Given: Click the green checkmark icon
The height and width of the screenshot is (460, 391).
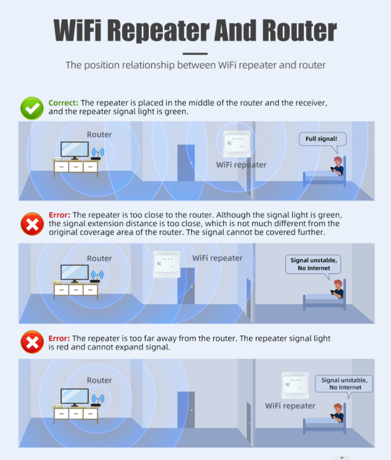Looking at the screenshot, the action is pyautogui.click(x=32, y=108).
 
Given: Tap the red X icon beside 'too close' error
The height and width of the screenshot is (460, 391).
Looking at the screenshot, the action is pyautogui.click(x=32, y=224).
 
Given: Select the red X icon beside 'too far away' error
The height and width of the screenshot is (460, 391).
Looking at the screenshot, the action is pyautogui.click(x=32, y=342).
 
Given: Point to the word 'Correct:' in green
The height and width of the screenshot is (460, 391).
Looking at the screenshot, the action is pyautogui.click(x=63, y=103).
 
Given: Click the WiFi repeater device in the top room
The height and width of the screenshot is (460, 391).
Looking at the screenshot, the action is pyautogui.click(x=237, y=144).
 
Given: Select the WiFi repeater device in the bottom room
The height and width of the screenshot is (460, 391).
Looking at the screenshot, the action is pyautogui.click(x=295, y=385).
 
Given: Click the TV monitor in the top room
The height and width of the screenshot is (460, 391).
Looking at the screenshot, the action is pyautogui.click(x=75, y=151).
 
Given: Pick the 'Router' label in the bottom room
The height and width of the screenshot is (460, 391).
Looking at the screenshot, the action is pyautogui.click(x=99, y=381).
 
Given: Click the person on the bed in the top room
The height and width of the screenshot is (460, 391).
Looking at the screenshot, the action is pyautogui.click(x=337, y=166).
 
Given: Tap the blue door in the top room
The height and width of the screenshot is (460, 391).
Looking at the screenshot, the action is pyautogui.click(x=186, y=163).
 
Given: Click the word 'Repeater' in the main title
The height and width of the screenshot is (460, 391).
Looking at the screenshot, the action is pyautogui.click(x=159, y=30).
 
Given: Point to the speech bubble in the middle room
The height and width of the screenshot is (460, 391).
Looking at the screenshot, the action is pyautogui.click(x=313, y=266).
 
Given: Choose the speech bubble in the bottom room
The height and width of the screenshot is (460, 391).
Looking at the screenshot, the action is pyautogui.click(x=344, y=385).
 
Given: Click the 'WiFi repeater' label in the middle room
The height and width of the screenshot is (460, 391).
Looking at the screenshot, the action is pyautogui.click(x=217, y=258).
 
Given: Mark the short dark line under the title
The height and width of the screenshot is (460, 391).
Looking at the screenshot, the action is pyautogui.click(x=195, y=54).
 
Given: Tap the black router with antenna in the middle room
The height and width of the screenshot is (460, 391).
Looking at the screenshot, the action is pyautogui.click(x=96, y=277).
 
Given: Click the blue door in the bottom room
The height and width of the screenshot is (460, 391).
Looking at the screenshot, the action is pyautogui.click(x=186, y=410).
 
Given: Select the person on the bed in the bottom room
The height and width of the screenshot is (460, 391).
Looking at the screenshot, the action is pyautogui.click(x=337, y=413).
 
